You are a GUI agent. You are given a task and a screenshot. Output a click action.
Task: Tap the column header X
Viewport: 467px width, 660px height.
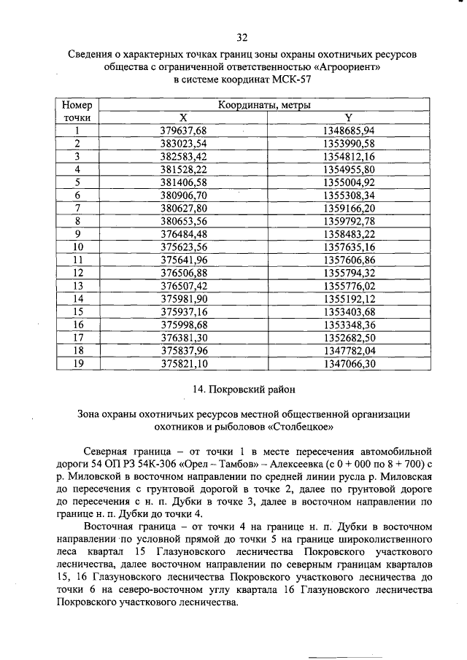[x=183, y=117]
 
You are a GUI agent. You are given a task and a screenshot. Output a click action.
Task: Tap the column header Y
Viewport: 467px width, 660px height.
[x=348, y=117]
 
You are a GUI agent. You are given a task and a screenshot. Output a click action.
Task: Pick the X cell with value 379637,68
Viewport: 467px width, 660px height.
[x=183, y=131]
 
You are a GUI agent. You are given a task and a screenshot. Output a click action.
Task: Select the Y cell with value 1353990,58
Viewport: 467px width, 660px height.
[x=348, y=144]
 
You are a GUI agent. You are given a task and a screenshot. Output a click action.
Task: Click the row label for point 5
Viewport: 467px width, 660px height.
[x=77, y=182]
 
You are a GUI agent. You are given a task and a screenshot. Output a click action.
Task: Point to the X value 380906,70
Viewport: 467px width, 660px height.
[x=183, y=195]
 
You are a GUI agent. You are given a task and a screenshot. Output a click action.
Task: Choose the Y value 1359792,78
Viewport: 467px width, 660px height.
[x=348, y=221]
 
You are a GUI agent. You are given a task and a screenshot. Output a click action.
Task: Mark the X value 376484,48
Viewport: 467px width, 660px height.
[x=183, y=234]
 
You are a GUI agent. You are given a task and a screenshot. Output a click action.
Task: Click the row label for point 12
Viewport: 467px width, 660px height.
[x=77, y=273]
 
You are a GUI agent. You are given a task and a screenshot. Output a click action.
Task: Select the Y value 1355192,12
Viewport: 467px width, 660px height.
[x=348, y=298]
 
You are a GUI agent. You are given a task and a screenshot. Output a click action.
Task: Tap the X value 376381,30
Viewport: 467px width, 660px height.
[x=183, y=337]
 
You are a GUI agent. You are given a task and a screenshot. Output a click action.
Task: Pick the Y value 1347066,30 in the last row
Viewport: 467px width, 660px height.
[x=348, y=363]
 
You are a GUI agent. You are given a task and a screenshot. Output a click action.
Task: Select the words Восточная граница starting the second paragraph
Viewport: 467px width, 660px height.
[x=131, y=527]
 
